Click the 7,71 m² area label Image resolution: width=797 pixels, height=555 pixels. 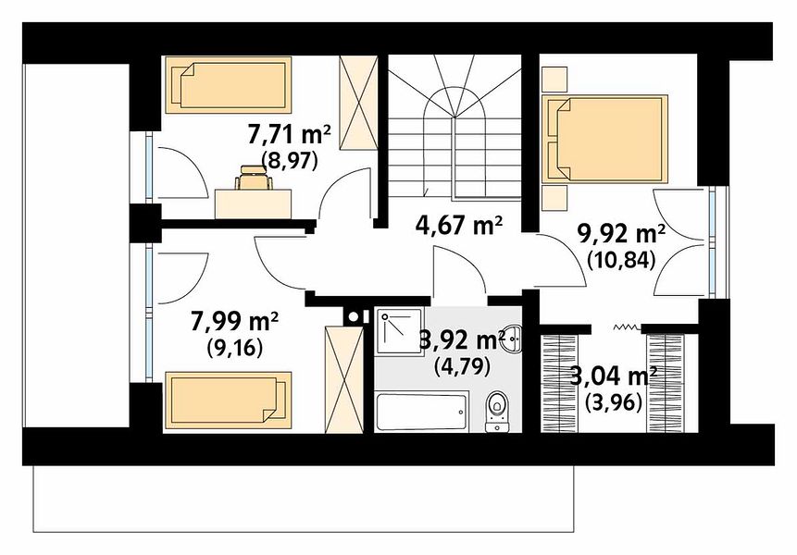pyautogui.click(x=289, y=136)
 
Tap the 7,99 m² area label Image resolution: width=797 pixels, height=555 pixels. pyautogui.click(x=234, y=322)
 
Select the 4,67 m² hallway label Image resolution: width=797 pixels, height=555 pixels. pyautogui.click(x=459, y=226)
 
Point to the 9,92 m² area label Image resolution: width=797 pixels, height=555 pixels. pyautogui.click(x=622, y=235)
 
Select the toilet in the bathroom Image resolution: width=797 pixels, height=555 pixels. pyautogui.click(x=495, y=411)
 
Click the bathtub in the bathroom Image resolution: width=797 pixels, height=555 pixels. pyautogui.click(x=422, y=412)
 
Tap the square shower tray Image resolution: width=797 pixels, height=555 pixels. pyautogui.click(x=400, y=330)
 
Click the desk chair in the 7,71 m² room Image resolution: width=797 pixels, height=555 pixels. pyautogui.click(x=253, y=179)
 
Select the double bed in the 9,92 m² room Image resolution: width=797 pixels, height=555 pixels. pyautogui.click(x=604, y=139)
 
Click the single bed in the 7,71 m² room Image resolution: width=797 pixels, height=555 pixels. pyautogui.click(x=229, y=85)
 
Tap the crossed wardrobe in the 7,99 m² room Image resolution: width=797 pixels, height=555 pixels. pyautogui.click(x=344, y=380)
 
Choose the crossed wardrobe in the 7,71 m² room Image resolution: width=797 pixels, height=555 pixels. pyautogui.click(x=358, y=103)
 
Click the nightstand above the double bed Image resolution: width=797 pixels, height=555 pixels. pyautogui.click(x=554, y=80)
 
